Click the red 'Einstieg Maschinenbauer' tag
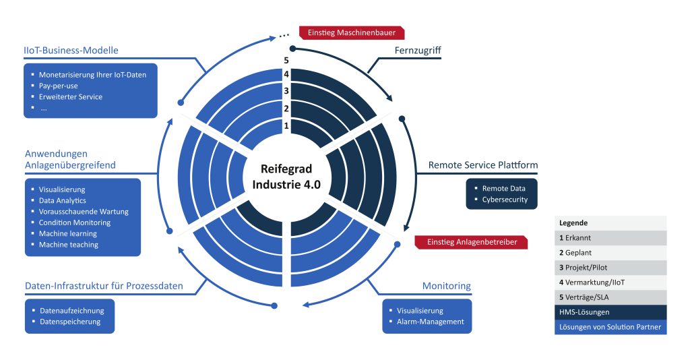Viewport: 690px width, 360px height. click(354, 32)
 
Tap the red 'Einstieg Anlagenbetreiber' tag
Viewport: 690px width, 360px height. click(466, 242)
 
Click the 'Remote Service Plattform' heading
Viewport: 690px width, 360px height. click(483, 165)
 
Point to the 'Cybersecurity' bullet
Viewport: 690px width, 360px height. click(505, 200)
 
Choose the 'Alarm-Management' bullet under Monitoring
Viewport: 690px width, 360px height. click(430, 322)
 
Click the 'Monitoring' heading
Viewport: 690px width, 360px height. click(446, 286)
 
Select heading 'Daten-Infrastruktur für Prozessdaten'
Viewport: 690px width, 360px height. click(103, 286)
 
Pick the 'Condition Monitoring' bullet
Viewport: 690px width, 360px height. click(74, 222)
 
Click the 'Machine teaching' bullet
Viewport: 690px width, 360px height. click(68, 244)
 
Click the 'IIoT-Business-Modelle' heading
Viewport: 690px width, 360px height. click(70, 51)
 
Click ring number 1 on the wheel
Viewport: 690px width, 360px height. click(286, 125)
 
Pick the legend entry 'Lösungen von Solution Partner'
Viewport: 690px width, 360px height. click(610, 328)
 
